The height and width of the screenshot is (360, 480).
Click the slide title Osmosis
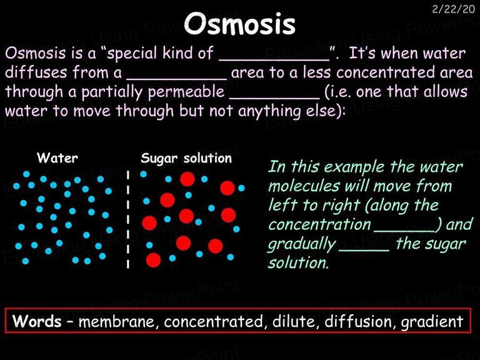coord(240,24)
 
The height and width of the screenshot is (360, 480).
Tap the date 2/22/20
coord(453,9)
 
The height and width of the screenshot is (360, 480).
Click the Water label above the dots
coord(57,158)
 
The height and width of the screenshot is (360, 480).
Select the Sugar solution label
coord(186,158)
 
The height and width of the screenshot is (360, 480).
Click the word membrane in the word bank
coord(116,321)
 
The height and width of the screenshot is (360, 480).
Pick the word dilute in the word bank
coord(294,321)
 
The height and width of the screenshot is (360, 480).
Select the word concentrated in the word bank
coord(213,321)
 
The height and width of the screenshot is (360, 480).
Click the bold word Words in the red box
coord(37,321)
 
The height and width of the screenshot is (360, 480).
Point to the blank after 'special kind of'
coord(274,61)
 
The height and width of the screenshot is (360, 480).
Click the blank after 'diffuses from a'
coord(177,79)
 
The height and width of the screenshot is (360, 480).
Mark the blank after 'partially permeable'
coord(274,98)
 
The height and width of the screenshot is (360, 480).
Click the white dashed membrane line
coord(128,219)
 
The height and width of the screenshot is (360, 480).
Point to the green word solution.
coord(298,262)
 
